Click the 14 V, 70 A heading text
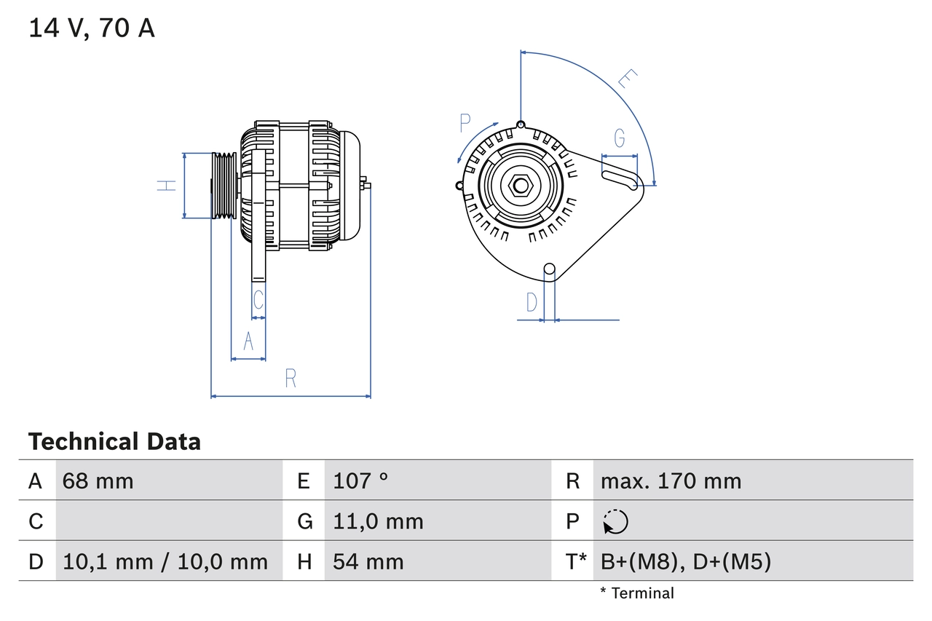point(92,28)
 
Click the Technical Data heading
point(114,441)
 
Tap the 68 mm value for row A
point(98,480)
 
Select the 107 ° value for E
point(360,480)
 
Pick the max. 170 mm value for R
point(671,480)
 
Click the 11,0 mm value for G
point(378,521)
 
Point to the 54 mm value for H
point(368,561)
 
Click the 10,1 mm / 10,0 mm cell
point(165,561)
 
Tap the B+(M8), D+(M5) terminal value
point(685,561)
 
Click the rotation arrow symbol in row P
point(615,521)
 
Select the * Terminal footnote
point(637,593)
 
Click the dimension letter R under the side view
point(291,378)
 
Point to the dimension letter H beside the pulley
point(167,185)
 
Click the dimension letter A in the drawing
point(248,341)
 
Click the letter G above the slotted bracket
point(620,138)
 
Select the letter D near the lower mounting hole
point(532,301)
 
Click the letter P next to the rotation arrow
point(466,124)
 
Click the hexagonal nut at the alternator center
point(520,185)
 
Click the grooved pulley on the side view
point(223,185)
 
